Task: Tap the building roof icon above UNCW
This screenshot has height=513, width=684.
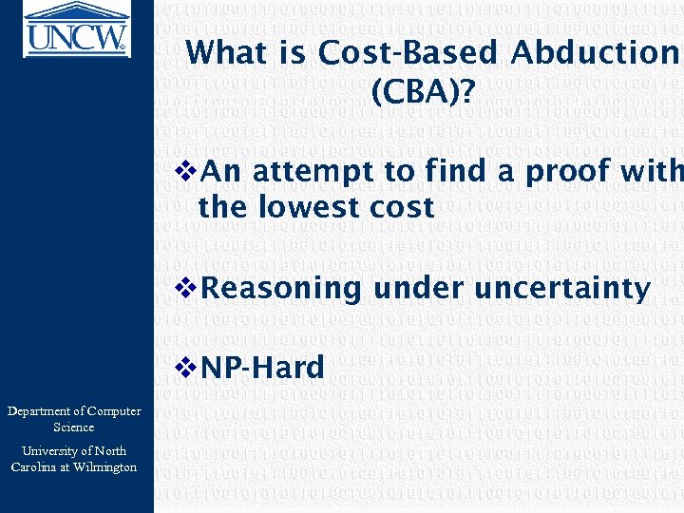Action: [x=76, y=12]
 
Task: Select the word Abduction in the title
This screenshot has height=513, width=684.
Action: [x=593, y=53]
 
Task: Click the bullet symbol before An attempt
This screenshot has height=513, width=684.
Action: [x=187, y=172]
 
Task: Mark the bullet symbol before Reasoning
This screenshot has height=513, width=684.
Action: [x=187, y=288]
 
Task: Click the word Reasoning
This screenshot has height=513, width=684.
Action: [x=282, y=288]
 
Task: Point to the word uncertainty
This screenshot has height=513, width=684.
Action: [x=561, y=288]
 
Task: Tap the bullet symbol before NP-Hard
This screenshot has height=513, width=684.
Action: [x=187, y=368]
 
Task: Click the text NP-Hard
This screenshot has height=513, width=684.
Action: [x=263, y=368]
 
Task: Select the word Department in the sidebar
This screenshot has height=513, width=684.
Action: [x=44, y=411]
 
